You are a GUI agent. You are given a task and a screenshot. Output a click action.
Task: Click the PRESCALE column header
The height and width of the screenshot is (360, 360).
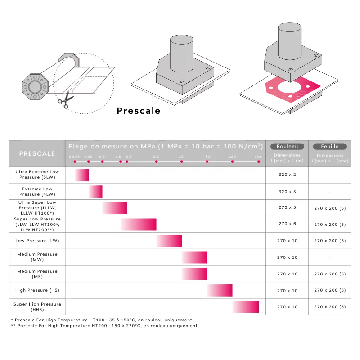37,153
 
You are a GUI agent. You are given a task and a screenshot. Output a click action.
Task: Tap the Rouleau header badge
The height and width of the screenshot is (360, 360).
287,147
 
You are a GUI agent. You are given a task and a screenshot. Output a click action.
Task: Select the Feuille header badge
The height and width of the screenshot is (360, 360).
330,147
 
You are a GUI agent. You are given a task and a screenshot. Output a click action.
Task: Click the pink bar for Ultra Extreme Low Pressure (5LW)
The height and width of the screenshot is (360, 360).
82,175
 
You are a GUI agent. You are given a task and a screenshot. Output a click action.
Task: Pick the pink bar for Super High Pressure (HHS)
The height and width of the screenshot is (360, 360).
246,306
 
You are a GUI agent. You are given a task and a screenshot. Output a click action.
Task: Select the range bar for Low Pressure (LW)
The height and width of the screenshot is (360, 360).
169,241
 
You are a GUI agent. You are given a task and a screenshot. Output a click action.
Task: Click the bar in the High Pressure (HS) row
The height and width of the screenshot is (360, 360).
220,290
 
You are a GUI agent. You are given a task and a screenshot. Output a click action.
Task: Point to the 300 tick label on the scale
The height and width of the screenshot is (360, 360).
258,157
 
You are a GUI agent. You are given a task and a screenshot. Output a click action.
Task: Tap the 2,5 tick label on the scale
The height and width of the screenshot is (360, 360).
156,157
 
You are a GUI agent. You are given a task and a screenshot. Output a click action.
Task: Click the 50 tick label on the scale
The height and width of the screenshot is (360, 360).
208,157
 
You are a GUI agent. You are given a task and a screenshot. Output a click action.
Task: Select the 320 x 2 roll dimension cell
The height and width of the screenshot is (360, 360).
287,175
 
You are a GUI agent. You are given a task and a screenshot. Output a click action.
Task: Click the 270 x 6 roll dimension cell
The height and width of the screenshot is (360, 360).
287,224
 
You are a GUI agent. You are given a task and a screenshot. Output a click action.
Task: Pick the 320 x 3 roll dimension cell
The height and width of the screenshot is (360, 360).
287,192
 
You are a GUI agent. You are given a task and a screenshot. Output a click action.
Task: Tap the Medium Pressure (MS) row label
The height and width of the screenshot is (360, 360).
37,274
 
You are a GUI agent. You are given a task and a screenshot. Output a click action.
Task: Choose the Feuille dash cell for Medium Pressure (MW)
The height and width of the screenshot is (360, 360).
330,257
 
